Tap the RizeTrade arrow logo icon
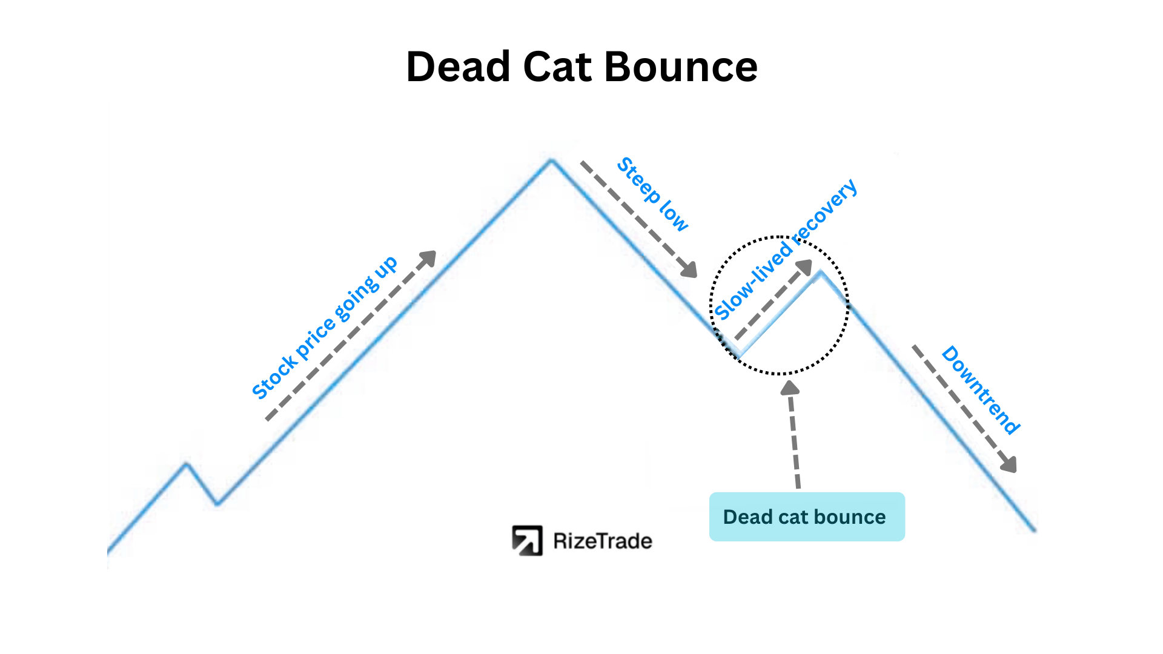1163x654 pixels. pyautogui.click(x=527, y=540)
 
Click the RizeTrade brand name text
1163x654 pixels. pyautogui.click(x=603, y=541)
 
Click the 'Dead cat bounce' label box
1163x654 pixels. pyautogui.click(x=807, y=517)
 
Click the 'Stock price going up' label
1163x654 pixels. pyautogui.click(x=324, y=328)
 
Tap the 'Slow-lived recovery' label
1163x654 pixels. pyautogui.click(x=785, y=249)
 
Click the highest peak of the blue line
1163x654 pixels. pyautogui.click(x=551, y=160)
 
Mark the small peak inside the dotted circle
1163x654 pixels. pyautogui.click(x=821, y=273)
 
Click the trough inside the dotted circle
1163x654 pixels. pyautogui.click(x=740, y=354)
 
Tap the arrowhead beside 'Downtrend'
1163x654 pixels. pyautogui.click(x=1009, y=464)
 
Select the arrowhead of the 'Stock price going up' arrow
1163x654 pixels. pyautogui.click(x=428, y=259)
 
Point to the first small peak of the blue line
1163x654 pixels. pyautogui.click(x=187, y=464)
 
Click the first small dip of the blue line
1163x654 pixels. pyautogui.click(x=217, y=503)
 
